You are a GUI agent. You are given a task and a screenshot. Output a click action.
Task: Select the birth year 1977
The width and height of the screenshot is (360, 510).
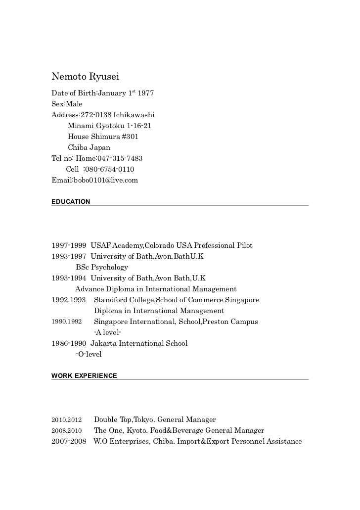(x=146, y=93)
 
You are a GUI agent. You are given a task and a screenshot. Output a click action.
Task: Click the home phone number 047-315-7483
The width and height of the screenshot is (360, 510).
(x=120, y=158)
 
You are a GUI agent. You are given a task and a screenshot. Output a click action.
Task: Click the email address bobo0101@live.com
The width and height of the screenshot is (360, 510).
(x=106, y=180)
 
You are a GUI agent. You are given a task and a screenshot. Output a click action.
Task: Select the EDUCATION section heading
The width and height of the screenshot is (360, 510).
(x=71, y=202)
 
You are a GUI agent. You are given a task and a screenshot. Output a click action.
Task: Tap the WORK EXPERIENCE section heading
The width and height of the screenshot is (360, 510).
(x=84, y=376)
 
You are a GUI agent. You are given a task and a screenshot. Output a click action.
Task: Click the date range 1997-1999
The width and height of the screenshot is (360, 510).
(x=69, y=245)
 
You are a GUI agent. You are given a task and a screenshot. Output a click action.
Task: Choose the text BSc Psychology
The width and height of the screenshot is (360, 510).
(x=102, y=267)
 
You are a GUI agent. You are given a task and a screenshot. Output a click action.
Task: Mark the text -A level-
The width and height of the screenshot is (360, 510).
(x=107, y=332)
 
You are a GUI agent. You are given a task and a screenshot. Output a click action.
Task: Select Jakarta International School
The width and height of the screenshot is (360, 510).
(x=139, y=343)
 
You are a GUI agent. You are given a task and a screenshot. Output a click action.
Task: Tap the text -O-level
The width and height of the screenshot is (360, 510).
(x=89, y=354)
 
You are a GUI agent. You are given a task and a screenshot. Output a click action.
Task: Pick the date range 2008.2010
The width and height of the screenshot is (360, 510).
(x=67, y=430)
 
